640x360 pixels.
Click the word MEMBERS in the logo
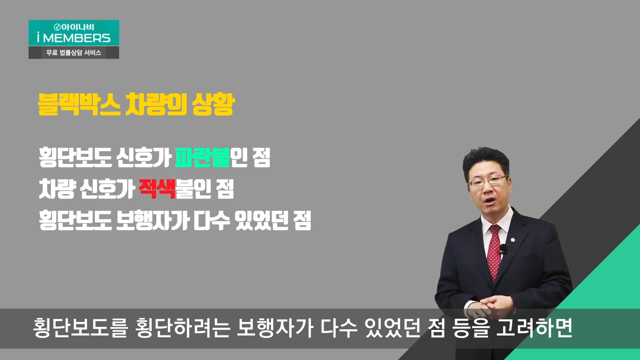tap(76, 38)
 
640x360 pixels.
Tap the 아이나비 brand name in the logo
tap(76, 27)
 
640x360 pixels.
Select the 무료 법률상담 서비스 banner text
tap(73, 52)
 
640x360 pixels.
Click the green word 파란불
tap(202, 157)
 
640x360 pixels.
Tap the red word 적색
tap(157, 188)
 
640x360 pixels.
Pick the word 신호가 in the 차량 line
tap(107, 188)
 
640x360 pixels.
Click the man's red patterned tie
tap(494, 251)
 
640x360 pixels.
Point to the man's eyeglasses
tap(488, 181)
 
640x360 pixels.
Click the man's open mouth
tap(490, 200)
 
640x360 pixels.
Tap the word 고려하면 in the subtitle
tap(534, 328)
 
